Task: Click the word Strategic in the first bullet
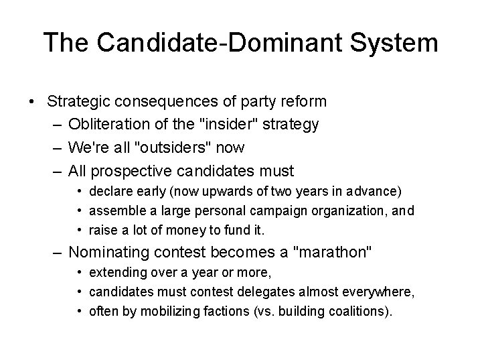click(78, 102)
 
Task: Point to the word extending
click(118, 274)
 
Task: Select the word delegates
click(256, 293)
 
